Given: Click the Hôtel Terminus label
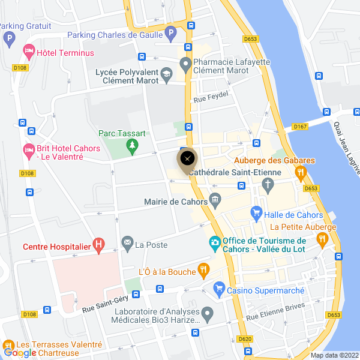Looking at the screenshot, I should click(65, 53).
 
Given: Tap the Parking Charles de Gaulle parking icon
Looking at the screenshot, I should click(170, 34).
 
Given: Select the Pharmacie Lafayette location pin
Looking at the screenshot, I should click(185, 63).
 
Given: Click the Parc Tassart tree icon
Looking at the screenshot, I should click(133, 145).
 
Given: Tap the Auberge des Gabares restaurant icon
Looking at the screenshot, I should click(301, 173).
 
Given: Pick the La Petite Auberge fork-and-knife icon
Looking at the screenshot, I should click(322, 239).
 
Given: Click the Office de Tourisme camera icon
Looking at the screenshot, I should click(214, 243).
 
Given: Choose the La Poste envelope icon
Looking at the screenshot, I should click(127, 243).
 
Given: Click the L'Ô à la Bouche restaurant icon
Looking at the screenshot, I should click(204, 271).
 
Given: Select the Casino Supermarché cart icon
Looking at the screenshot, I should click(219, 290).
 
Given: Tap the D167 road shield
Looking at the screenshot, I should click(300, 127).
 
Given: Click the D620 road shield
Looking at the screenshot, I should click(245, 338).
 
